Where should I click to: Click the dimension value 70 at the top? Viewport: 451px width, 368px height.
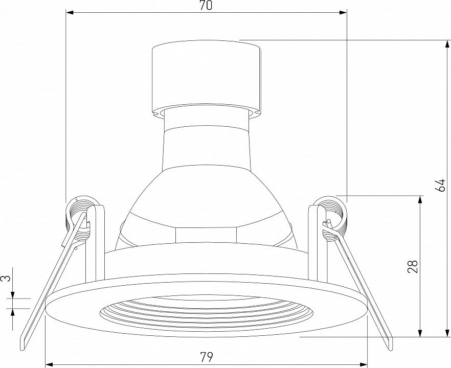(x=206, y=6)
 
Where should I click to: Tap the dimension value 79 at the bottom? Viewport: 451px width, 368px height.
(x=207, y=357)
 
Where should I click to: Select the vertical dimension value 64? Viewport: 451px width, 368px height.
(x=440, y=185)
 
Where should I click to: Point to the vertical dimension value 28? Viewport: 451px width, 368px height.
(x=413, y=266)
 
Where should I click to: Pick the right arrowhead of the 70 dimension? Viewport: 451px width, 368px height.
(x=343, y=12)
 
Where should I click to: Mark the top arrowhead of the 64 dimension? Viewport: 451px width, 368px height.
(x=447, y=44)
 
